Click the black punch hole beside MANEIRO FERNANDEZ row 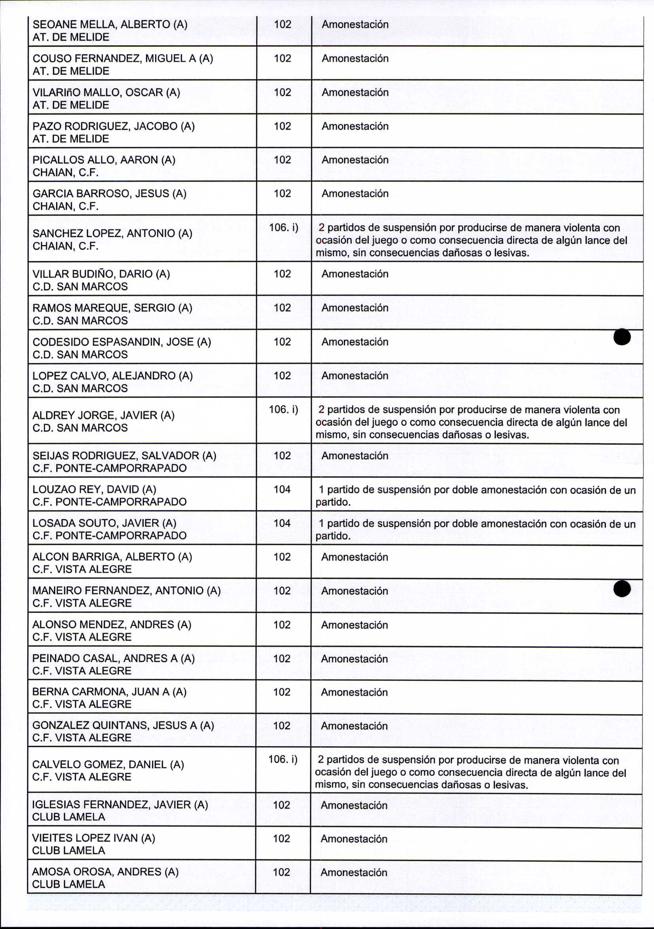pyautogui.click(x=622, y=588)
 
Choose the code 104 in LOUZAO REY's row pyautogui.click(x=282, y=489)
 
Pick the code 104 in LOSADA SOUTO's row pyautogui.click(x=282, y=523)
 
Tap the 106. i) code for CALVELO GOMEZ pyautogui.click(x=283, y=759)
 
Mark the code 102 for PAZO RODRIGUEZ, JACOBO pyautogui.click(x=283, y=126)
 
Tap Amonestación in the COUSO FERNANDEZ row pyautogui.click(x=355, y=58)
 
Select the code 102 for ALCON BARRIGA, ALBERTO pyautogui.click(x=282, y=557)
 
